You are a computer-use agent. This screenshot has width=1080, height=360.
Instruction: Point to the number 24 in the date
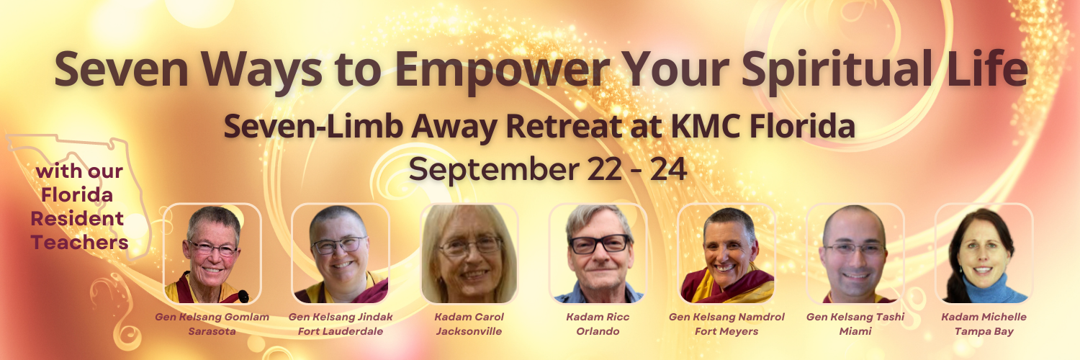[x=668, y=169]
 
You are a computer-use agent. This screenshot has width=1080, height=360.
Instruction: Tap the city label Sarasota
[x=212, y=331]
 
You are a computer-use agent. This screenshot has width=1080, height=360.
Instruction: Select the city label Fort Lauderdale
[x=341, y=331]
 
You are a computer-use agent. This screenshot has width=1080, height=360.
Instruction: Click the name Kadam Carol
[x=469, y=317]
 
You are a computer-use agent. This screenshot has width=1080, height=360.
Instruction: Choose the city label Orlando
[x=598, y=331]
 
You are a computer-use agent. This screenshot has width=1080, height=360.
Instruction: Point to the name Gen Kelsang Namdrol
[x=726, y=317]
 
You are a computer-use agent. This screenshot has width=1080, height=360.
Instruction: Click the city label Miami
[x=855, y=331]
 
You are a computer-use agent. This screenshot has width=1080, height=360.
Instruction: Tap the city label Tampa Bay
[x=984, y=332]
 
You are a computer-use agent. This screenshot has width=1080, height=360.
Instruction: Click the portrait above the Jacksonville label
[x=469, y=254]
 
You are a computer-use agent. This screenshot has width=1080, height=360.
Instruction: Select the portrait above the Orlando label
[x=598, y=254]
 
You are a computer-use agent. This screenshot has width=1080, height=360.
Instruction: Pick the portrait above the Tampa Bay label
[x=984, y=254]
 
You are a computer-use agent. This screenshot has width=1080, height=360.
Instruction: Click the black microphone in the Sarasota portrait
[x=244, y=296]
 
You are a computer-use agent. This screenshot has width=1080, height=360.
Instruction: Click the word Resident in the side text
[x=78, y=219]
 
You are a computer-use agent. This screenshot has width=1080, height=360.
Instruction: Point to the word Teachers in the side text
[x=79, y=243]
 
